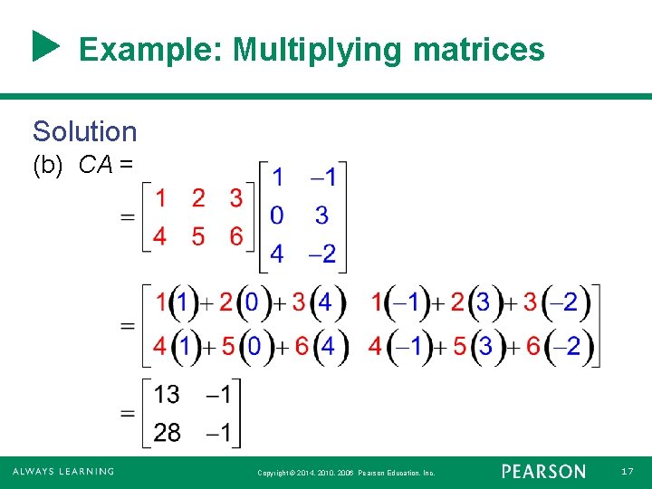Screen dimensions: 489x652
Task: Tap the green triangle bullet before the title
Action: click(x=45, y=47)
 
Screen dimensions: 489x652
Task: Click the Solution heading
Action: click(x=84, y=131)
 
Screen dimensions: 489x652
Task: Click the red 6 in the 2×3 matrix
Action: click(x=236, y=236)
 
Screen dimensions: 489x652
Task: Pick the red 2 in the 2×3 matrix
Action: click(x=198, y=197)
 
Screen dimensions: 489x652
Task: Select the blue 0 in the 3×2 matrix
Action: click(x=277, y=216)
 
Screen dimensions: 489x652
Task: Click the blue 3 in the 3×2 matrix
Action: click(x=321, y=216)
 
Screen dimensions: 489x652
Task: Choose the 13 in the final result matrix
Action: click(x=167, y=395)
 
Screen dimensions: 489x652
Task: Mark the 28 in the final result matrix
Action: click(x=167, y=432)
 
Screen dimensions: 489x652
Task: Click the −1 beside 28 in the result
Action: click(x=220, y=432)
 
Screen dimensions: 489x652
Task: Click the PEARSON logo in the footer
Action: click(x=543, y=472)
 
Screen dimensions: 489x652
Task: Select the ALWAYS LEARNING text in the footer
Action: click(x=63, y=472)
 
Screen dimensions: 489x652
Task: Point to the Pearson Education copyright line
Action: click(x=346, y=473)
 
